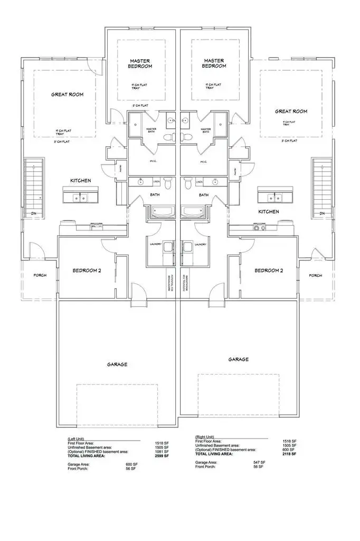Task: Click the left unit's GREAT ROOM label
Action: click(67, 95)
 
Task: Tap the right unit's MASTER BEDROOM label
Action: click(214, 63)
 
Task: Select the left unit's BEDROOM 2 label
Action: click(87, 270)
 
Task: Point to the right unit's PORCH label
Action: click(315, 275)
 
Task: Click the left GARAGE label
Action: click(117, 364)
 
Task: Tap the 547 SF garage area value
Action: click(259, 462)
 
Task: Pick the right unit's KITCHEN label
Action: click(268, 211)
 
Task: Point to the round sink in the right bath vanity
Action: click(216, 182)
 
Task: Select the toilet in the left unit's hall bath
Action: click(168, 184)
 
